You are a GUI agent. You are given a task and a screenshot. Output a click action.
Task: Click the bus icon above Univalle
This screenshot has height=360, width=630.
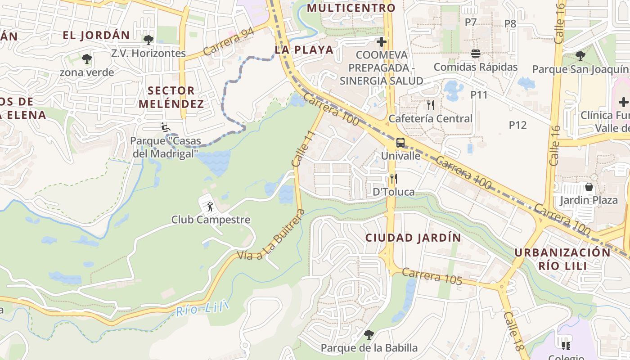point(400,143)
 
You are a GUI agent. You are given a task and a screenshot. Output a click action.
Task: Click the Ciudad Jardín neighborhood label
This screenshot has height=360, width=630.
point(413,238)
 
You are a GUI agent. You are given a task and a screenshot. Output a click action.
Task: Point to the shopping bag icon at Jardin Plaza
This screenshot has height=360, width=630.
point(589,186)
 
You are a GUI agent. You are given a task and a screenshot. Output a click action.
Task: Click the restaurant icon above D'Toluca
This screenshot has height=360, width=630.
point(393,179)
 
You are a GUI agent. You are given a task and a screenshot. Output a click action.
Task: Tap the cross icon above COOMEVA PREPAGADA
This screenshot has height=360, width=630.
point(382,42)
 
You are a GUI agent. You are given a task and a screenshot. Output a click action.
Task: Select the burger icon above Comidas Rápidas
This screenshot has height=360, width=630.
point(476,54)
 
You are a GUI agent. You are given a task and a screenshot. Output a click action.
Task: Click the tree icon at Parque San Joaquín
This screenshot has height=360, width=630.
point(580,56)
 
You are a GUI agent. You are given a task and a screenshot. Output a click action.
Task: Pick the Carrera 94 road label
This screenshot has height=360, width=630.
point(228,42)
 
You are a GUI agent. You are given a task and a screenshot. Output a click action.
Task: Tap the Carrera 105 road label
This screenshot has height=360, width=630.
point(432,276)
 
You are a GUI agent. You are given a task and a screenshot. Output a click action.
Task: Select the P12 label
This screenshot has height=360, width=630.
point(517,125)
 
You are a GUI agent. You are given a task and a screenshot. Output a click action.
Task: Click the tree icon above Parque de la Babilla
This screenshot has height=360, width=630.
point(369,334)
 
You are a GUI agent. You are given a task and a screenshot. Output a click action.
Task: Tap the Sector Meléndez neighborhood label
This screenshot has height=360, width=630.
point(171,97)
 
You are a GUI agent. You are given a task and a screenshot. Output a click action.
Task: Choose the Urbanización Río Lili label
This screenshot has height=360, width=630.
point(562,259)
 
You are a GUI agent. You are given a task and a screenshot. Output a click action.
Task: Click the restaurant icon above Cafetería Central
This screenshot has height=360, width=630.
point(431,105)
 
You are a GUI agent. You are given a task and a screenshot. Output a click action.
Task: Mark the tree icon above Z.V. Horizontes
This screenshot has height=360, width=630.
point(148,40)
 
